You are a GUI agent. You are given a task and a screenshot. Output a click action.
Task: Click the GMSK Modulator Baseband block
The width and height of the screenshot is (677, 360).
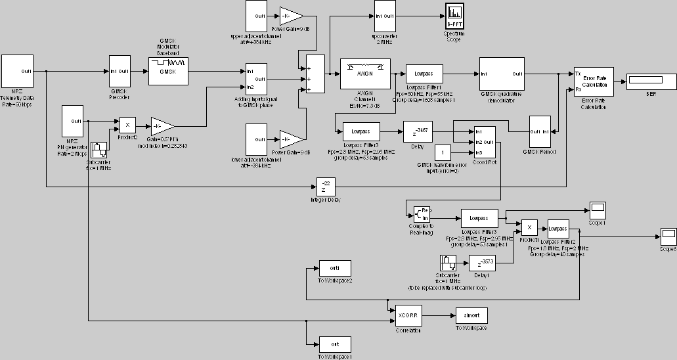click(x=169, y=71)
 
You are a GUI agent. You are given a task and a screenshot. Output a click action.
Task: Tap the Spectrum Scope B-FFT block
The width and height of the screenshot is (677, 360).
click(x=454, y=16)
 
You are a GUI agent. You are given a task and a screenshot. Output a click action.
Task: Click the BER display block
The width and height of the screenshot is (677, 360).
click(x=646, y=81)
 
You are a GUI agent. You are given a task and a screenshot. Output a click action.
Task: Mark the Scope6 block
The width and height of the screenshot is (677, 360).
click(x=668, y=235)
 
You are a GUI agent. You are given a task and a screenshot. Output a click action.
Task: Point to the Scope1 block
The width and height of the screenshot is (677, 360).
click(x=598, y=211)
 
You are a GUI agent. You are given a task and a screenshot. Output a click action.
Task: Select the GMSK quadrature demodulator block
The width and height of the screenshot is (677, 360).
click(x=502, y=73)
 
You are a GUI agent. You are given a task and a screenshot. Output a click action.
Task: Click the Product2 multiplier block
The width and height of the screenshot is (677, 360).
click(x=127, y=125)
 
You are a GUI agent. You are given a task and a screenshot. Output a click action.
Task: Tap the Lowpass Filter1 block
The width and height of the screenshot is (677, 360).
click(x=424, y=74)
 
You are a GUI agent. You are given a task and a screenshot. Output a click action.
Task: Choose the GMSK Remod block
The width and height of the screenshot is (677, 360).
click(x=540, y=131)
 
